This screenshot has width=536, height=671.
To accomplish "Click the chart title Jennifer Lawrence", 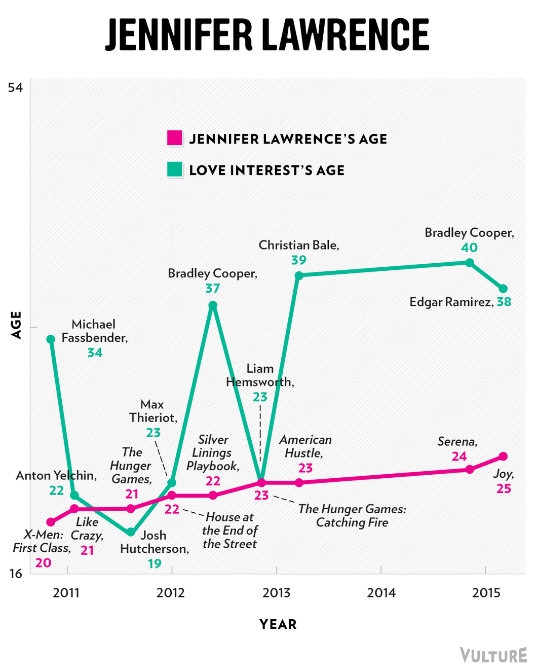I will pos(267,34).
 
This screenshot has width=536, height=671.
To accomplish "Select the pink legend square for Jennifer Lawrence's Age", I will pos(174,138).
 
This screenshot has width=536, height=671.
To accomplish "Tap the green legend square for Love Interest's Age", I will pos(174,169).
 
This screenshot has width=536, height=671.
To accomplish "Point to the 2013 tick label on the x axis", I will pos(276,592).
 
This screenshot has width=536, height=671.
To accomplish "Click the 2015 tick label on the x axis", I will pos(486,592).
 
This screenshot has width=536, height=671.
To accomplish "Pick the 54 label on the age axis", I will pos(16,88).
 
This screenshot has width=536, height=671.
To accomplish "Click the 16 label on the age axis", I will pos(16,574).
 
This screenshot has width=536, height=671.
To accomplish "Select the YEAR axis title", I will pos(278,624).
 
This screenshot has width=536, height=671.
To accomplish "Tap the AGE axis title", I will pos(17,325).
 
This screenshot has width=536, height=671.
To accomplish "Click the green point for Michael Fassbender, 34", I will pos(51,339).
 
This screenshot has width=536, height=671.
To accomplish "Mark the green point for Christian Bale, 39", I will pos(299,275).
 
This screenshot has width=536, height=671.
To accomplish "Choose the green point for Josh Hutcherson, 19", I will pos(131,532).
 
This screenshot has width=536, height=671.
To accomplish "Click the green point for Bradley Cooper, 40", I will pos(470,262).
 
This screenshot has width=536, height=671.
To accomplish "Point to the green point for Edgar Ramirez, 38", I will pos(503,289).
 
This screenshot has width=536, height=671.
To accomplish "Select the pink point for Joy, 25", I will pos(503,456).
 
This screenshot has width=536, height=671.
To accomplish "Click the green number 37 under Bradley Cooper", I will pos(213,289).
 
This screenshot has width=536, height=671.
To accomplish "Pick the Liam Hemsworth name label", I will pos(260,375).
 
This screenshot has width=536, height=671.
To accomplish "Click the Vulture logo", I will pos(493,655).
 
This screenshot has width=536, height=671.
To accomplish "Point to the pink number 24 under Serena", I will pos(459,456).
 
